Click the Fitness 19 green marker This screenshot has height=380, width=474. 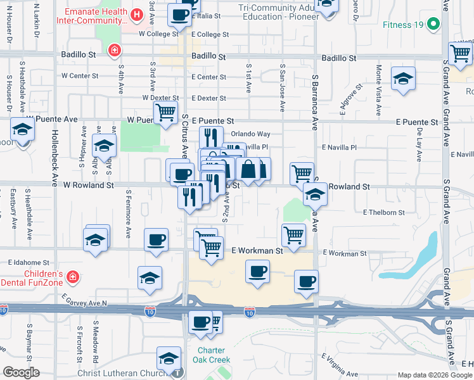pyautogui.click(x=433, y=25)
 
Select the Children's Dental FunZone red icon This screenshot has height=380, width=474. pyautogui.click(x=74, y=277)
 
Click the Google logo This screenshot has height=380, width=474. pyautogui.click(x=21, y=372)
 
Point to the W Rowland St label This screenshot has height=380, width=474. pyautogui.click(x=88, y=186)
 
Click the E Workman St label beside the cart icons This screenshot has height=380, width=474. pyautogui.click(x=257, y=251)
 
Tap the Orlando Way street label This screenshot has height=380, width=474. pyautogui.click(x=250, y=134)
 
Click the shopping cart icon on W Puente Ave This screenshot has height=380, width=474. pyautogui.click(x=165, y=113)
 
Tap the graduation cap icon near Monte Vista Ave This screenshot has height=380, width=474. pyautogui.click(x=403, y=79)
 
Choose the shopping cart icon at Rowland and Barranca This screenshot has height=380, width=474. pyautogui.click(x=302, y=172)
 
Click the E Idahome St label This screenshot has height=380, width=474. pyautogui.click(x=29, y=262)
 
